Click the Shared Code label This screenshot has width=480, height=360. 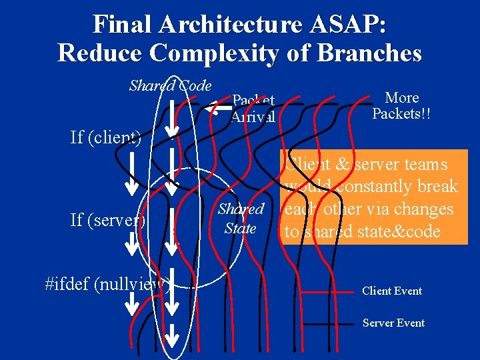170,85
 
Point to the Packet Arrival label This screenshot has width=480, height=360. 253,109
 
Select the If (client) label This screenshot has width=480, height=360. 105,138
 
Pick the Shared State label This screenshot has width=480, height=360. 241,218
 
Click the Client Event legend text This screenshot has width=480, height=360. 391,291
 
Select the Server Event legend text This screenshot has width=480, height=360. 393,323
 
